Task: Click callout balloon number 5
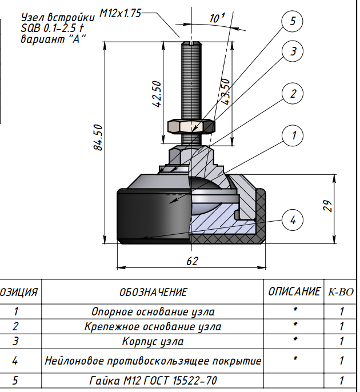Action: coord(293,22)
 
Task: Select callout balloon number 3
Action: coord(293,51)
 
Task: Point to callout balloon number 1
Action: coord(293,135)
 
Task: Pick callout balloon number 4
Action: coord(293,219)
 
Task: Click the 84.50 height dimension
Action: coord(98,137)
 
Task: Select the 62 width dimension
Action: coord(192,261)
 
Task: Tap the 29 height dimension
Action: coord(327,206)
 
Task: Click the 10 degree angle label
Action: coord(216,18)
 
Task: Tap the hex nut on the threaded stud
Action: coord(191,125)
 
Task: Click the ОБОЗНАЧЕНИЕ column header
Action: coord(153,293)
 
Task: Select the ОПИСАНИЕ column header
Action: coord(294,292)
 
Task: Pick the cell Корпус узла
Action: coord(153,342)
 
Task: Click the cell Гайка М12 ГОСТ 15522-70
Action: coord(153,380)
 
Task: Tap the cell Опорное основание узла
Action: coord(153,312)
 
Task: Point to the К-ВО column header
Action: coord(341,293)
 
